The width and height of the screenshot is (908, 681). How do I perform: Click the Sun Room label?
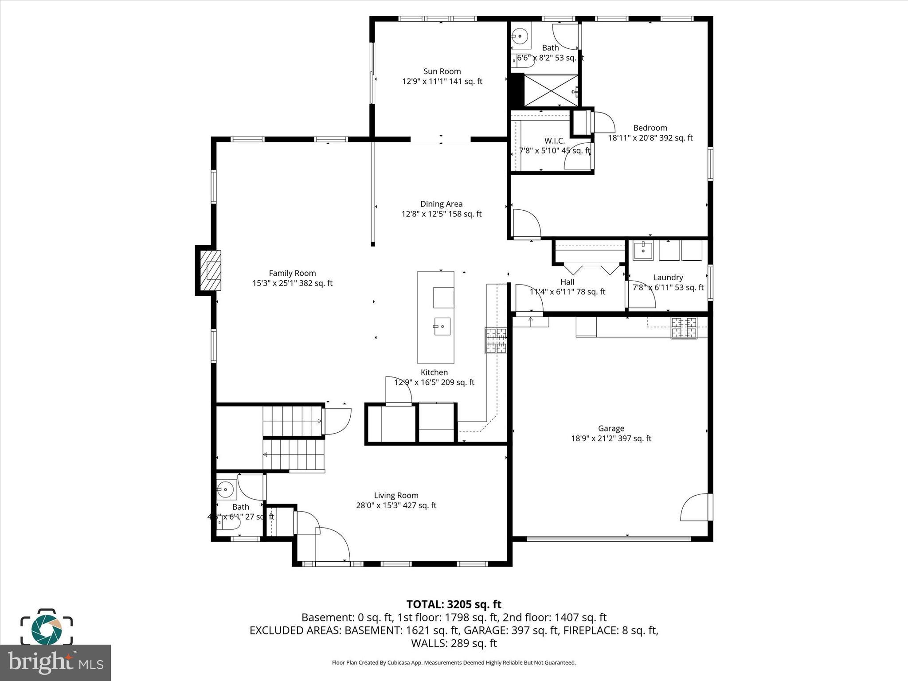click(x=442, y=71)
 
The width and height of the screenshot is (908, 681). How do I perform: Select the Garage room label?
click(x=611, y=428)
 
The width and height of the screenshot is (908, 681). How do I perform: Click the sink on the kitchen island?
click(x=442, y=326)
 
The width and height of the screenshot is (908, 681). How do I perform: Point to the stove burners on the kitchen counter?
click(x=496, y=340)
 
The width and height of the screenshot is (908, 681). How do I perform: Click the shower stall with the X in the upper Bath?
click(x=551, y=90)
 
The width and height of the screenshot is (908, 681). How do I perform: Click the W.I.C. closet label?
click(x=555, y=141)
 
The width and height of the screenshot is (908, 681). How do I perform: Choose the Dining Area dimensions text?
click(x=442, y=214)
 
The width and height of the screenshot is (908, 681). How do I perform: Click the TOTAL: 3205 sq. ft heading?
click(x=454, y=604)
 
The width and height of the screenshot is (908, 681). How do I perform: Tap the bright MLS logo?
click(x=55, y=663)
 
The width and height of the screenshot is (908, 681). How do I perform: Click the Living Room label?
click(x=396, y=496)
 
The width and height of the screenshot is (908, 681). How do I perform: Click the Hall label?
click(x=567, y=282)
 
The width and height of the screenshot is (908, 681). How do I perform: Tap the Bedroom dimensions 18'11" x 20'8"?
click(x=650, y=138)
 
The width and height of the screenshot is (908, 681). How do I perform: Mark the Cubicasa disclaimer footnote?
click(x=454, y=663)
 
